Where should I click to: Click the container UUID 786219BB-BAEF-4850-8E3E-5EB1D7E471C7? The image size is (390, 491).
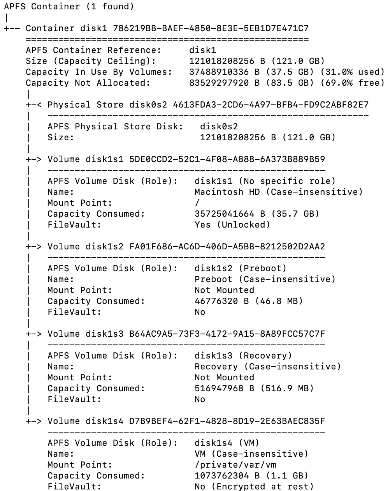point(211,28)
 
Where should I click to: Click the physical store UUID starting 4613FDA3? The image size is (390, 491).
point(271,105)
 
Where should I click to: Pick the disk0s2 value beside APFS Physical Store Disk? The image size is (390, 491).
point(219,127)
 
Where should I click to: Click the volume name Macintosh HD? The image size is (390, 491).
point(224,192)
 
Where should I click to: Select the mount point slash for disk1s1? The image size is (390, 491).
point(197,203)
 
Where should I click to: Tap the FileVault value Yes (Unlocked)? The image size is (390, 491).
point(232,225)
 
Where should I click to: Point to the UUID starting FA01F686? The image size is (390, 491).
point(227,247)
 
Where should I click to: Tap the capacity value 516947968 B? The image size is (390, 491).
point(224,389)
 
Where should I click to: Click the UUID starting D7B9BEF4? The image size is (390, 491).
point(227,421)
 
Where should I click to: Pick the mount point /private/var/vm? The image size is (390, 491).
point(235,465)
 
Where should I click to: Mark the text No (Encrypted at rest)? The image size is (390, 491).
point(254,487)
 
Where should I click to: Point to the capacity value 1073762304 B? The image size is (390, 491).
point(227,476)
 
